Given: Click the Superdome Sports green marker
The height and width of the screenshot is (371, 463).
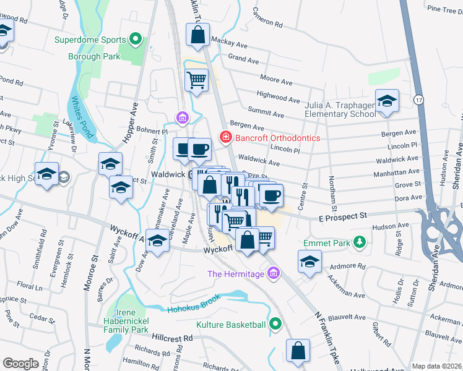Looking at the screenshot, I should (136, 40).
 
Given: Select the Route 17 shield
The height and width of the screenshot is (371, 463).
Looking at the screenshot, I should (419, 98).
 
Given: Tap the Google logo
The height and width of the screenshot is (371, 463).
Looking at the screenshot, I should (21, 364).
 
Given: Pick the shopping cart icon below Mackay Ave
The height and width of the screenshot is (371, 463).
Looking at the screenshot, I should (196, 80).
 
